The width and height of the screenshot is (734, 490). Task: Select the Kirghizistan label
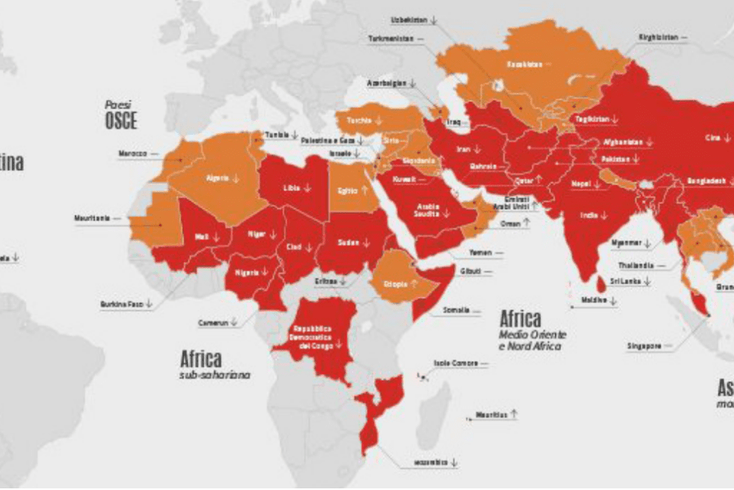coord(658,38)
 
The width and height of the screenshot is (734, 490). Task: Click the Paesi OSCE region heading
coord(120,116)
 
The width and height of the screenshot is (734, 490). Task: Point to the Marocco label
coord(130,153)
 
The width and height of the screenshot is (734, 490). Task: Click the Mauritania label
coord(91,219)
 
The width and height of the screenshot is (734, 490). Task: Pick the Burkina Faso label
coord(122,304)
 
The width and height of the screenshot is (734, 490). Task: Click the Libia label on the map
coord(291,188)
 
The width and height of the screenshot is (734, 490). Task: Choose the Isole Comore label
coord(451,363)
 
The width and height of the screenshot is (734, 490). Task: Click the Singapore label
coord(643,346)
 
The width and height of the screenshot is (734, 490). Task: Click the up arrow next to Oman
coord(527,221)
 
